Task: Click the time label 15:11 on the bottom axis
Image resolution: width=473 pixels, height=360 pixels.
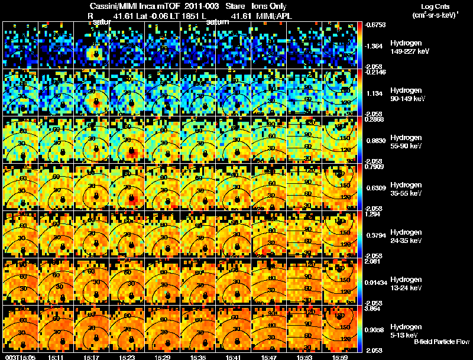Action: [57, 357]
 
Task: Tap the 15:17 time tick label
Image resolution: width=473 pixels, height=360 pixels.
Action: [92, 357]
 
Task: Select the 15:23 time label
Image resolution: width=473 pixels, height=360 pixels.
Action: [128, 357]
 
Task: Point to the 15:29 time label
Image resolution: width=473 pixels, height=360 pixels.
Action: [163, 357]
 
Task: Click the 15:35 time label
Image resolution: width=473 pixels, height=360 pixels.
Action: [199, 357]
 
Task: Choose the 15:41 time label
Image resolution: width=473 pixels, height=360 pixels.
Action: [234, 357]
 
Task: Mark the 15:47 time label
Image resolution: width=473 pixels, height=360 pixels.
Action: [270, 357]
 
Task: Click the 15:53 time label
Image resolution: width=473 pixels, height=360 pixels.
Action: [305, 357]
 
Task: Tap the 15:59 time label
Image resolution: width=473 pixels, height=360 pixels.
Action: [341, 357]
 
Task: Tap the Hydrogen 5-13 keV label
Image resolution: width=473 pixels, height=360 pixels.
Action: [406, 330]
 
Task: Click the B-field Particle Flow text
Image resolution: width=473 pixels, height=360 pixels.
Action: [441, 342]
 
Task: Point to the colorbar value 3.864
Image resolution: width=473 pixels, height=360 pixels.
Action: [374, 309]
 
